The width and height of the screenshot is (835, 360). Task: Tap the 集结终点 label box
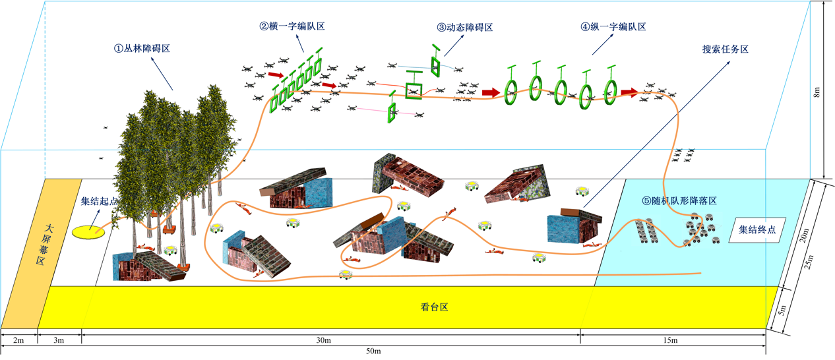pyautogui.click(x=757, y=230)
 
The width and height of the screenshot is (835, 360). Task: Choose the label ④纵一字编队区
pyautogui.click(x=613, y=27)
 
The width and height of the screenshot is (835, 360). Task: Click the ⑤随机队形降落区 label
pyautogui.click(x=679, y=200)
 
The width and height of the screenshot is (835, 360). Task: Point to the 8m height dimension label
pyautogui.click(x=817, y=92)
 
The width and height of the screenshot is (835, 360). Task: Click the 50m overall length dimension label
pyautogui.click(x=373, y=351)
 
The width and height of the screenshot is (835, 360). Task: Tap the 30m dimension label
pyautogui.click(x=323, y=340)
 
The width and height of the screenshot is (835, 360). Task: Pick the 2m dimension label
pyautogui.click(x=18, y=340)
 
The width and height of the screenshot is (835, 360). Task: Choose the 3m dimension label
pyautogui.click(x=59, y=340)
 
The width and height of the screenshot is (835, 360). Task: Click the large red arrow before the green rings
pyautogui.click(x=490, y=93)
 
